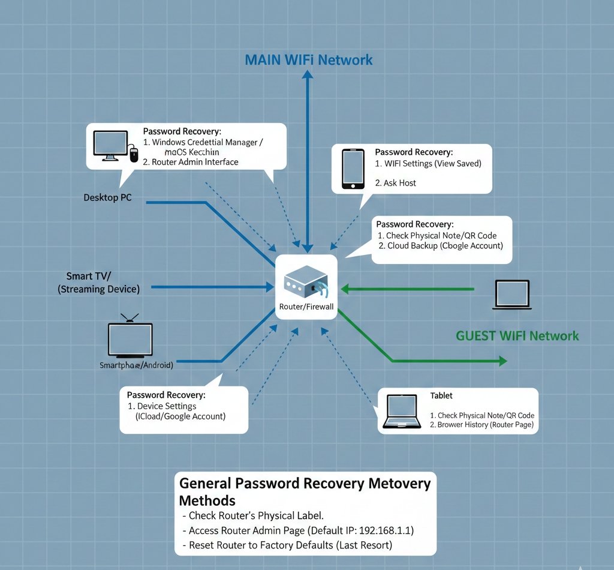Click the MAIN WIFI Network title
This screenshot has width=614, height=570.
click(309, 60)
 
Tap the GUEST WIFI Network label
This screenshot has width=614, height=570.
click(517, 335)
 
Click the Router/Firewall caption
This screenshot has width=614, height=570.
click(306, 307)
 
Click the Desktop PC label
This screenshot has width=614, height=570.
click(107, 197)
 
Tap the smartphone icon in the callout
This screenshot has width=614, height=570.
click(353, 169)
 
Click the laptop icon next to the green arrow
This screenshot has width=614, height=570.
click(511, 295)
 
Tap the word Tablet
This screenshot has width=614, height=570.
click(441, 395)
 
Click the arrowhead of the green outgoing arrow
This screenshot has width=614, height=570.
click(502, 361)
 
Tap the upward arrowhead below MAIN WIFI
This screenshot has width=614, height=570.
click(308, 74)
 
